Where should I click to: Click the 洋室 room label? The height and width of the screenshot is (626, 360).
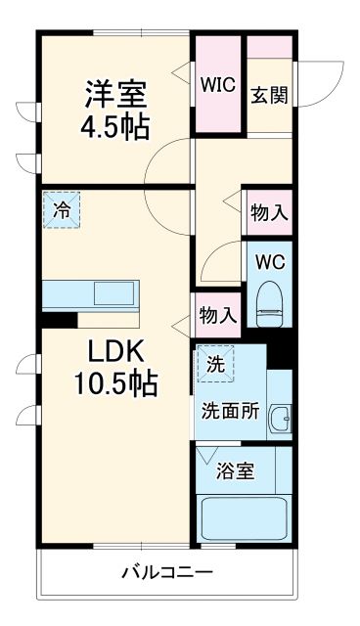point(115,94)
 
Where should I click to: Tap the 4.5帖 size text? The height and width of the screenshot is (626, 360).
point(115,127)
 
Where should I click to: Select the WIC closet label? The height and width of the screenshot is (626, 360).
point(218,84)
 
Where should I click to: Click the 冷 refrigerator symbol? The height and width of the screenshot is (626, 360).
point(62,208)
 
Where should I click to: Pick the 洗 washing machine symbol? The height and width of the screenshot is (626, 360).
point(214,364)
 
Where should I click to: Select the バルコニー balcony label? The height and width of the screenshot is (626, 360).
point(166,571)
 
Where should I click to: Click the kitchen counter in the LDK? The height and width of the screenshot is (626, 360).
point(94,294)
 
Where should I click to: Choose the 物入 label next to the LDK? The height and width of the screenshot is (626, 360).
point(216,315)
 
